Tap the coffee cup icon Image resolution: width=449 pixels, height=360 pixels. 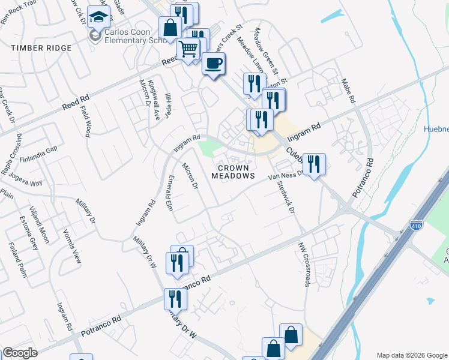(213, 64)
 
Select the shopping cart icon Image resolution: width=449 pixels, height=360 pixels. (188, 49)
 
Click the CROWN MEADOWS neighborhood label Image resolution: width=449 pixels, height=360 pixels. (234, 172)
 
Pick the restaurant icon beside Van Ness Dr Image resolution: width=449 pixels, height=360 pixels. (314, 164)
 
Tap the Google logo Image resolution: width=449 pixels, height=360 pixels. (20, 353)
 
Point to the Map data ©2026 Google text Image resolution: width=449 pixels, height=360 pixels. (411, 355)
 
